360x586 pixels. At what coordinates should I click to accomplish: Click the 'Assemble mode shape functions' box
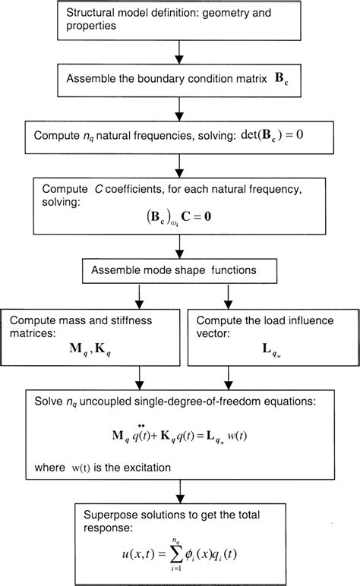click(180, 270)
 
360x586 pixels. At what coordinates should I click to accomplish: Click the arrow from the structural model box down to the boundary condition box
click(180, 52)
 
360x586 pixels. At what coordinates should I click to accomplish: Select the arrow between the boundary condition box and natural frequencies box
click(180, 109)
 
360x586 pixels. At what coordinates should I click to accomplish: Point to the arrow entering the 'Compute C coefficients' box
click(180, 167)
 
